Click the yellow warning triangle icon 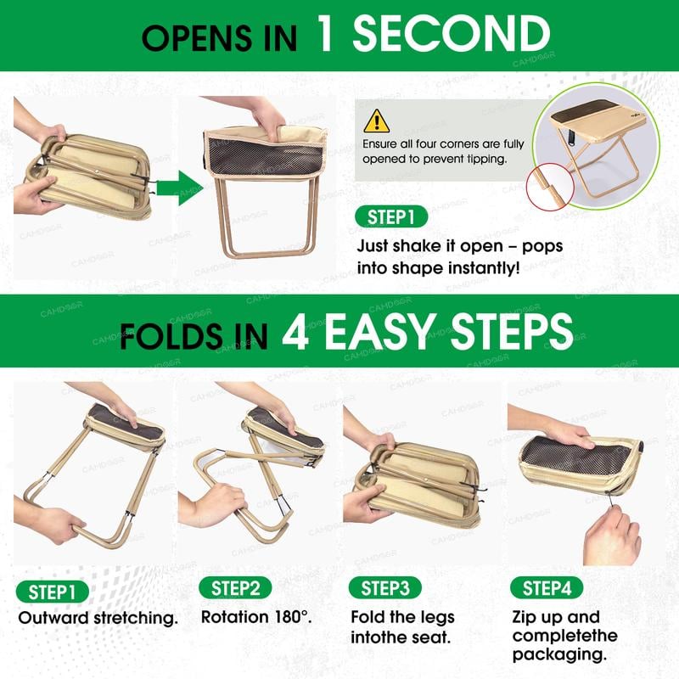click(x=376, y=121)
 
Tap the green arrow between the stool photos click(x=179, y=188)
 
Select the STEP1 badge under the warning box click(x=391, y=216)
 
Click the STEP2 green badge click(x=235, y=588)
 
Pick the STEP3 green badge click(x=385, y=588)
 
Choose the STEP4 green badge click(x=547, y=588)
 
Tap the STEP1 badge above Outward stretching click(x=52, y=592)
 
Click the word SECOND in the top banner click(x=452, y=34)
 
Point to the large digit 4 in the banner click(x=295, y=332)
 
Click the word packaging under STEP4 click(x=559, y=654)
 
